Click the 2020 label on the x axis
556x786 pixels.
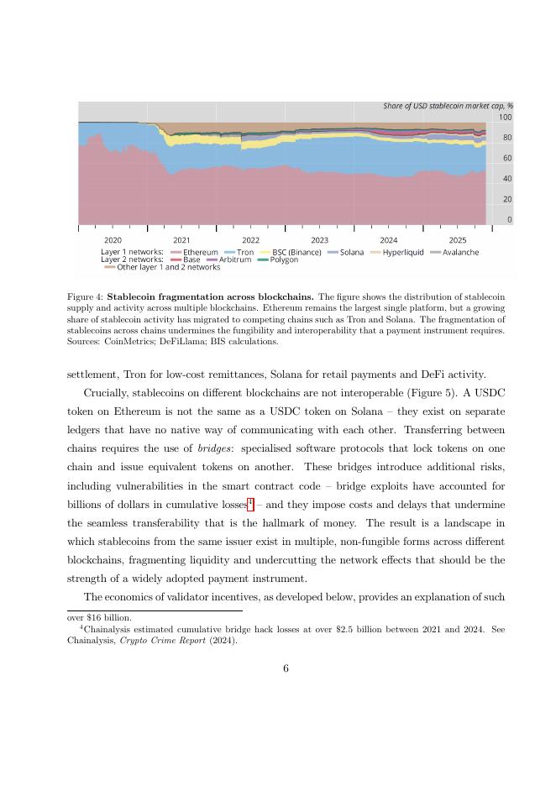[113, 240]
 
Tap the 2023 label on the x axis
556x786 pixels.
[319, 240]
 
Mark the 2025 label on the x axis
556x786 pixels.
[457, 240]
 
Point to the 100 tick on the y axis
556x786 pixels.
[506, 118]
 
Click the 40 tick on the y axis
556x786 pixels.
[507, 179]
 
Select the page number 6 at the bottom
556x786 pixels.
[286, 668]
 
